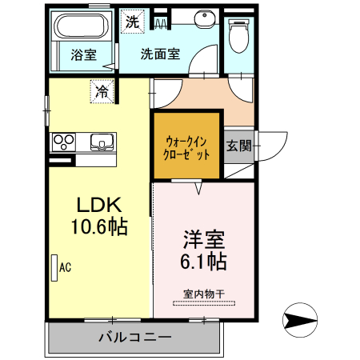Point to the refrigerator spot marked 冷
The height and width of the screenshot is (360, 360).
pyautogui.click(x=102, y=92)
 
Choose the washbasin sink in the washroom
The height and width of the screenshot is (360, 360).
pyautogui.click(x=199, y=19)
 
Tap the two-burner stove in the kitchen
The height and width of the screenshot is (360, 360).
pyautogui.click(x=63, y=142)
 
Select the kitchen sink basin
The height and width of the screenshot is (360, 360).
pyautogui.click(x=103, y=142)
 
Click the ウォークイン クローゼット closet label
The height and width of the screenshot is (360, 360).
pyautogui.click(x=186, y=146)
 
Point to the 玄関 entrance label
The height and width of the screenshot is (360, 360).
pyautogui.click(x=238, y=146)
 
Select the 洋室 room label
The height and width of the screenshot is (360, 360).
pyautogui.click(x=204, y=239)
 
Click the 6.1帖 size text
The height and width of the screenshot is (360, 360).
pyautogui.click(x=204, y=261)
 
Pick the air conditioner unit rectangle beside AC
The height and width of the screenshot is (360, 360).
pyautogui.click(x=54, y=266)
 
